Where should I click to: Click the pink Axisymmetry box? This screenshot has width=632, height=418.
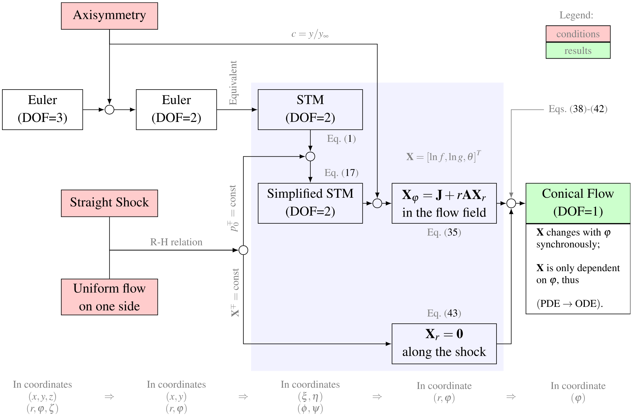click(109, 16)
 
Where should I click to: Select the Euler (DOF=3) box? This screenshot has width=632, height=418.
click(42, 109)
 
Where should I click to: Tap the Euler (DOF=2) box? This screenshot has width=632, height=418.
click(176, 109)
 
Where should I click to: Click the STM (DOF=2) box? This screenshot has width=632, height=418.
click(310, 109)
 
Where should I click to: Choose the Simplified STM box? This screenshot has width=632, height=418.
click(310, 203)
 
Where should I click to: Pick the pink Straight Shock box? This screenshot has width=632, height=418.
click(109, 203)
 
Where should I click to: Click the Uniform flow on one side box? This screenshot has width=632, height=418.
click(109, 297)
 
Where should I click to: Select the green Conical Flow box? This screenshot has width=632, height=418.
click(578, 203)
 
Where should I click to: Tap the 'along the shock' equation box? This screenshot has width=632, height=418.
click(444, 344)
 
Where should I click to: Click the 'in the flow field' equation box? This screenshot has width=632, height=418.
click(444, 203)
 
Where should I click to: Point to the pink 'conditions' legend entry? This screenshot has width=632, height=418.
click(578, 34)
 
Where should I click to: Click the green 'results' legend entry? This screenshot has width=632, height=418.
click(578, 51)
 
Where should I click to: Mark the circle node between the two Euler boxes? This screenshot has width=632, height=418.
click(110, 109)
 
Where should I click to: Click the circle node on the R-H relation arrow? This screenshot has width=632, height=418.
click(243, 250)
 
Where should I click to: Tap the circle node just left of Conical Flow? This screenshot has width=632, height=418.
click(511, 203)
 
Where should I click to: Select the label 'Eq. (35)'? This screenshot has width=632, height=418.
click(444, 232)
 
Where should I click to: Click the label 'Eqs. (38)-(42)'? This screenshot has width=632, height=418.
click(578, 109)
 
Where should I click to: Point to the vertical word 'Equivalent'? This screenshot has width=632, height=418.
click(233, 83)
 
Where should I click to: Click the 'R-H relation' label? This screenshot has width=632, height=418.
click(176, 242)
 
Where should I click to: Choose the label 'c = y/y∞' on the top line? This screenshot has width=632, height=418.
click(310, 34)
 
